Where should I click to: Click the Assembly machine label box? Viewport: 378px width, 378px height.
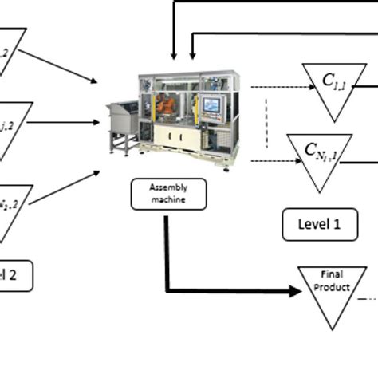(168, 195)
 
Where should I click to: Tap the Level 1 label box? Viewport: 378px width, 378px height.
(319, 224)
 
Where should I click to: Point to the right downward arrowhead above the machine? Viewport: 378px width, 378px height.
(192, 53)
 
